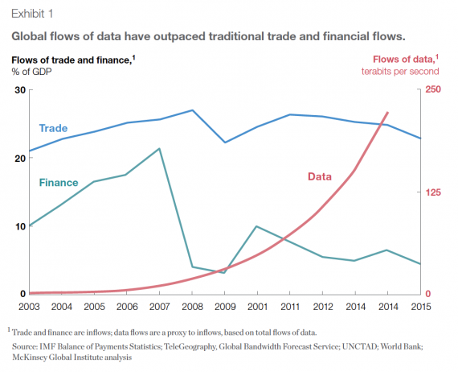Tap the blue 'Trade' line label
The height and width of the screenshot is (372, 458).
tap(53, 128)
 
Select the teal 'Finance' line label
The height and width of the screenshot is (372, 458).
tap(59, 183)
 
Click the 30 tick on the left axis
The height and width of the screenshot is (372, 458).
tap(21, 89)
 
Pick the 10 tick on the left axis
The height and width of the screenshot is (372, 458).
tap(21, 226)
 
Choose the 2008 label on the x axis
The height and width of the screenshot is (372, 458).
tap(192, 307)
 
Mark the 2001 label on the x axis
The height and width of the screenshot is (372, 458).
tap(256, 307)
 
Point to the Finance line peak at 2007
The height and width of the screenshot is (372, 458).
tap(159, 149)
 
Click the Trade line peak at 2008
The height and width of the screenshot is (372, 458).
tap(192, 110)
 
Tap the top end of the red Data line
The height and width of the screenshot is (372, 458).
tap(388, 113)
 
